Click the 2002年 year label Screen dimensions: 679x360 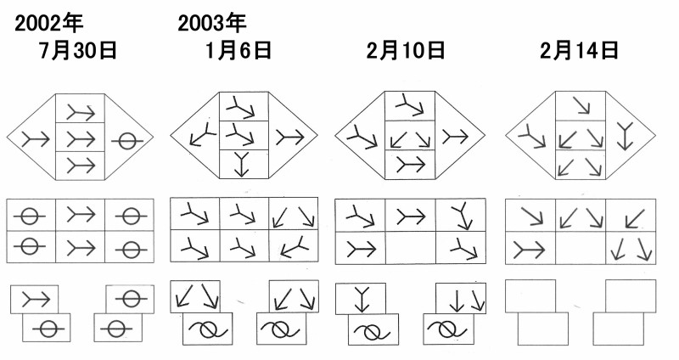[48, 23]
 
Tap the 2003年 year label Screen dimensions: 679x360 [211, 23]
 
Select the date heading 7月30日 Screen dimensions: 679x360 [78, 51]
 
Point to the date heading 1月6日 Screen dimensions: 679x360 [238, 51]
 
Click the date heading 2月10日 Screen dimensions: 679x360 [406, 51]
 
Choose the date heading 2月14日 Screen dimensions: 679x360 [579, 51]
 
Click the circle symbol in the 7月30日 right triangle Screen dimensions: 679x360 [126, 141]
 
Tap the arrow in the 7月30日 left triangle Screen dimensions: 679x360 [36, 139]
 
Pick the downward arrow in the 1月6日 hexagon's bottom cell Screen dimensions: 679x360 [242, 165]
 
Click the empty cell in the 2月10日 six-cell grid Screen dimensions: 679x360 [410, 248]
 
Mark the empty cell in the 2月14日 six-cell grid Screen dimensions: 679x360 [581, 248]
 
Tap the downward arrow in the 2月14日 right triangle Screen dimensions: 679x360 [625, 136]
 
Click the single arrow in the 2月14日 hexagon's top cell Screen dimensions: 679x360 [581, 105]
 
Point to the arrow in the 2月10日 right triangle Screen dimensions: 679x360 [455, 137]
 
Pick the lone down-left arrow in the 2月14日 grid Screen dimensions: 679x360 [636, 219]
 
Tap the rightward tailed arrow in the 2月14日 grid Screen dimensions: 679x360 [529, 250]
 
